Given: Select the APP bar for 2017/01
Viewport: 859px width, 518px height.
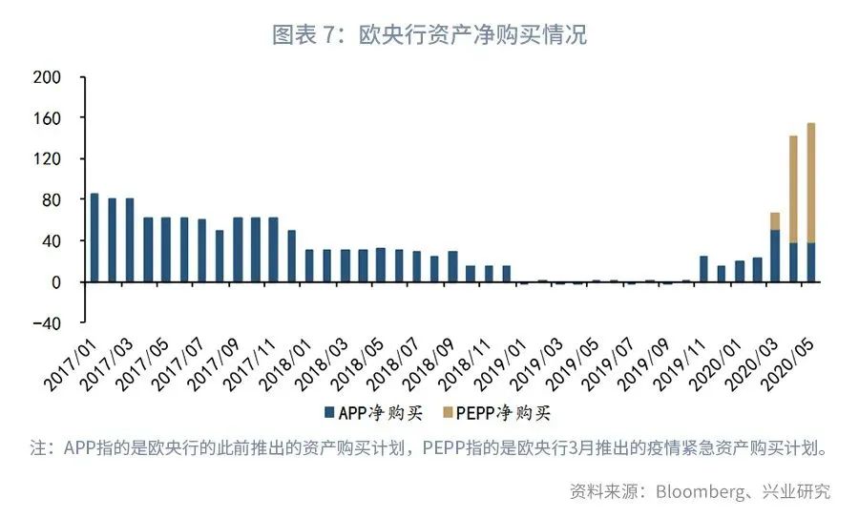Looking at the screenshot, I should [x=94, y=238].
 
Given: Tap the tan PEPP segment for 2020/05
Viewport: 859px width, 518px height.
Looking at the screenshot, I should [x=811, y=182].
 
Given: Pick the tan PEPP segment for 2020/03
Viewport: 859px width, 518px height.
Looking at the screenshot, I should [x=775, y=221].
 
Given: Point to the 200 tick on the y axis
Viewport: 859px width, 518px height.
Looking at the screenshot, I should [x=47, y=76].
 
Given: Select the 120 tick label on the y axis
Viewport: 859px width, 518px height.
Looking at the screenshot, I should [x=47, y=158].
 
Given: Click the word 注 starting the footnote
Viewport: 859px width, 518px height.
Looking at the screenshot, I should [x=38, y=447].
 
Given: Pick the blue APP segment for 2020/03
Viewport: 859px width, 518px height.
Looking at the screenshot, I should [x=775, y=256].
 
